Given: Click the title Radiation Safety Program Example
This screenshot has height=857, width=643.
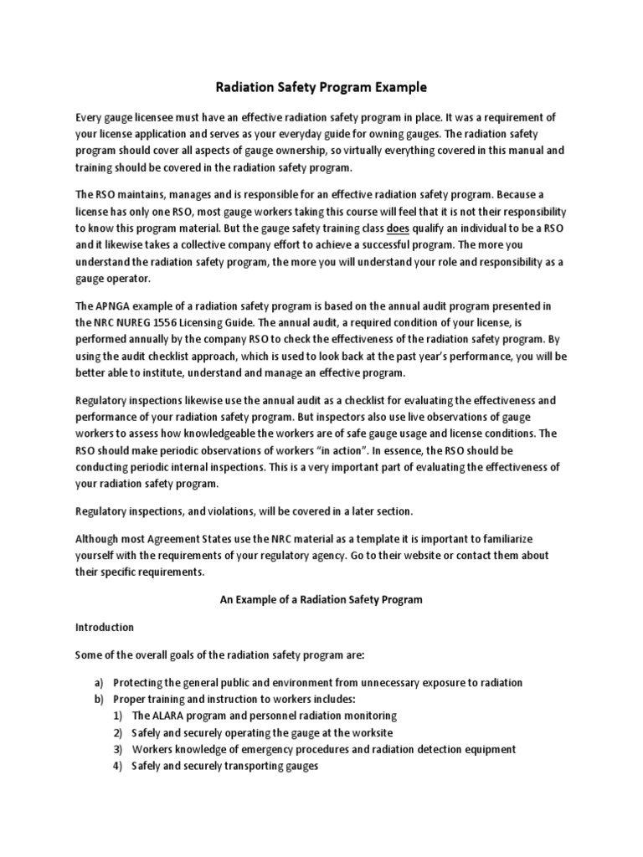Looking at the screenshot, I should [x=321, y=86].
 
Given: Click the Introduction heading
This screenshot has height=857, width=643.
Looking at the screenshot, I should [x=105, y=627].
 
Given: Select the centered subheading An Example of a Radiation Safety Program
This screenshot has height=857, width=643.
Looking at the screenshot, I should [x=321, y=600].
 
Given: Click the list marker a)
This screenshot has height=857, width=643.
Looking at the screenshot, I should [x=99, y=683].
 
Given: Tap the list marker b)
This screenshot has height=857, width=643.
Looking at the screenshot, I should [x=99, y=699].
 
